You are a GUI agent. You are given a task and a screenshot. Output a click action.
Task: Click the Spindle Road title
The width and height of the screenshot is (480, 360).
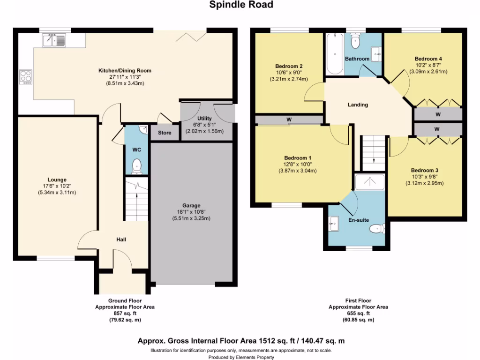pos(240,5)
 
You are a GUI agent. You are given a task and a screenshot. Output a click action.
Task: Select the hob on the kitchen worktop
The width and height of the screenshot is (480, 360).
pos(25,76)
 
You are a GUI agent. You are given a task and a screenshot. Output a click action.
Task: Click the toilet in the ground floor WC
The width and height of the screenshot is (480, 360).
pos(136,165)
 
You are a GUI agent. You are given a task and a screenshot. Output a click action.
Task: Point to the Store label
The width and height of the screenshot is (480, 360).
pos(165,133)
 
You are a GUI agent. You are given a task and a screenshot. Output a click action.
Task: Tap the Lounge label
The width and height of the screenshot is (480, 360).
pos(57,180)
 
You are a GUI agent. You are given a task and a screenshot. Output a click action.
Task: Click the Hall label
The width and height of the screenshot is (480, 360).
pos(121,240)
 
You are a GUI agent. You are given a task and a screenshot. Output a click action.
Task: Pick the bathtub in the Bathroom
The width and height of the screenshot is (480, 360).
pos(334,54)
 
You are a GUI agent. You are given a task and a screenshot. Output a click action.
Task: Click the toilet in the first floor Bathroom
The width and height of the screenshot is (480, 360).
pos(355,42)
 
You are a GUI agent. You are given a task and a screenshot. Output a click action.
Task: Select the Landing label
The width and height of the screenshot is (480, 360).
pos(358,105)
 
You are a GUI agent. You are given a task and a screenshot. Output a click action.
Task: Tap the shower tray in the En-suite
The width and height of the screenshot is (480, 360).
pos(369,182)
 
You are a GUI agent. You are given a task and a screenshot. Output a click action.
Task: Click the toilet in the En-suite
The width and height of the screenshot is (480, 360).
pos(376,229)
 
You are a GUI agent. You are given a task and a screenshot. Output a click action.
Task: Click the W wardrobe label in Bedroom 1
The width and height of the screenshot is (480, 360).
pos(289,120)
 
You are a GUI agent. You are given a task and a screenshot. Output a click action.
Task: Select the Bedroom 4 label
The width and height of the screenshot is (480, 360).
pos(428,59)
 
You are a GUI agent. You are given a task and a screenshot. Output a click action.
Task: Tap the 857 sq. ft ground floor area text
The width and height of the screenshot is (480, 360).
pos(124,313)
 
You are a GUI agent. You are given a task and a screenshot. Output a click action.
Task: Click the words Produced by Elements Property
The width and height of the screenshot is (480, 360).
pos(241,357)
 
